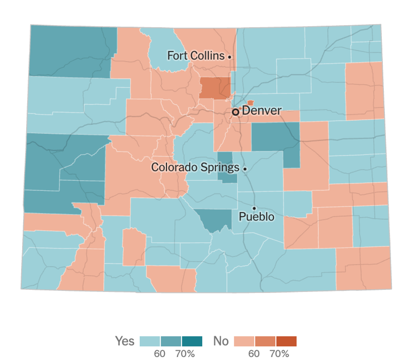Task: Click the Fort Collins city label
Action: pos(196,56)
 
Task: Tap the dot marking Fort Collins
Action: pos(229,57)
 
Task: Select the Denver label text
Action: pos(261,110)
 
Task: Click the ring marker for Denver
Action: pos(236,112)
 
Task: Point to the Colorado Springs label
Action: pos(195,168)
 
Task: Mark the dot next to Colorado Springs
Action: pos(245,169)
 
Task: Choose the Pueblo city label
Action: pos(256,217)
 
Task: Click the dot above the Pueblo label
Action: pos(254,208)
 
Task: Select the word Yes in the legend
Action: pos(125,341)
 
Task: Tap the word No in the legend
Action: pos(221,341)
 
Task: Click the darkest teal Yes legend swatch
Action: pos(192,341)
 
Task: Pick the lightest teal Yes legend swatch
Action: pos(150,341)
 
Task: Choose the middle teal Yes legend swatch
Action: pos(171,341)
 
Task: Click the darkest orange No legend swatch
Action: pos(286,341)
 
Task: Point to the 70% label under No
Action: pos(279,354)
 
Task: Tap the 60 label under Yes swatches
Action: pos(160,354)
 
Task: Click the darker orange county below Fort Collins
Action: pos(215,88)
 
